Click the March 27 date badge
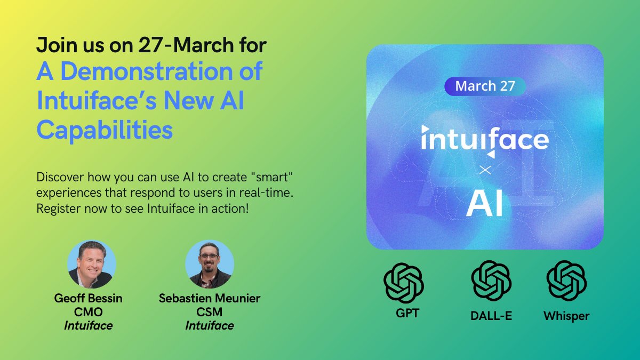pos(485,86)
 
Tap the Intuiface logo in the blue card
pos(484,140)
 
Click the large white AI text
pos(484,204)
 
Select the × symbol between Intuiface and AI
pos(485,171)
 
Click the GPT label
pos(404,313)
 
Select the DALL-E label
pos(491,316)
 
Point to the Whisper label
pos(566,316)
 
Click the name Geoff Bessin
pos(88,298)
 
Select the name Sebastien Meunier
pos(209,298)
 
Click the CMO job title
pos(88,312)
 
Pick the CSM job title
pos(209,312)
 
